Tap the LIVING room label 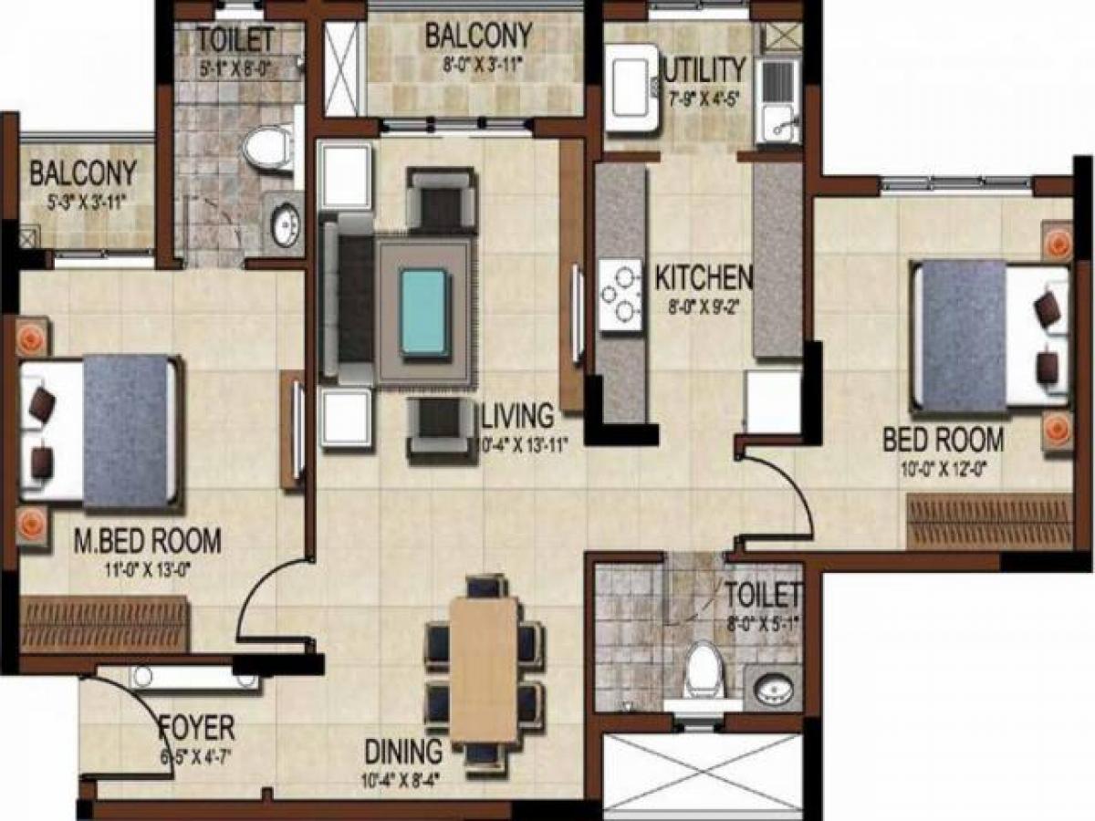pos(517,416)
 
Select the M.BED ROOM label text pos(147,541)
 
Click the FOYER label pos(196,728)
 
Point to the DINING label pos(404,752)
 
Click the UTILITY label pos(705,69)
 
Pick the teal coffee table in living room pos(424,311)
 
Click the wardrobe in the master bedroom pos(104,624)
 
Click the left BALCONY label pos(83,172)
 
